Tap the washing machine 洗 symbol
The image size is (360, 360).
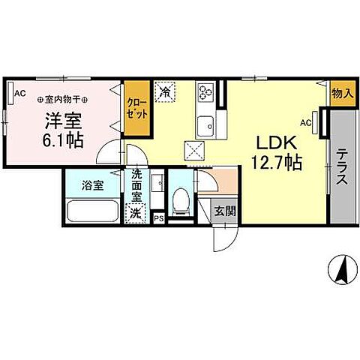coord(136,213)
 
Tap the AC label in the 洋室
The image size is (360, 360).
coord(19,92)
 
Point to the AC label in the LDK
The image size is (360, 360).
coord(306,121)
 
